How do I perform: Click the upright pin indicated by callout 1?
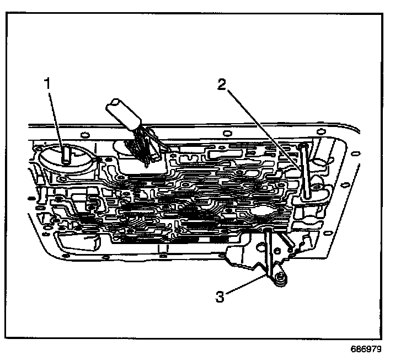(65, 153)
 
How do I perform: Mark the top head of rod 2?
(304, 145)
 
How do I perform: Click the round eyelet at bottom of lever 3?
(280, 278)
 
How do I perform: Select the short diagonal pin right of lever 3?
(286, 239)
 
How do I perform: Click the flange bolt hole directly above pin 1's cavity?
(83, 134)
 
